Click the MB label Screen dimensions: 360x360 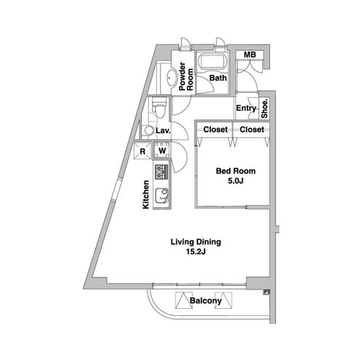coord(250,55)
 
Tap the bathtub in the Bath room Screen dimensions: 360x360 coord(212,61)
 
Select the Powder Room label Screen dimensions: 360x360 coord(186,76)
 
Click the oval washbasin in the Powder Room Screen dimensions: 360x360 coord(172,77)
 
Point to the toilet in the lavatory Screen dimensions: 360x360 coord(159,107)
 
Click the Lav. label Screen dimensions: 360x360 coord(163,131)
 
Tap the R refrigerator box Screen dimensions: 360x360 coord(143,150)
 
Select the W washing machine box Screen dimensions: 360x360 coord(162,150)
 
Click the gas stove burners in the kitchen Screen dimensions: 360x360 coord(161,172)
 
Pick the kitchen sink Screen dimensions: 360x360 coord(161,196)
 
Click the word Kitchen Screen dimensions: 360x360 coord(145,194)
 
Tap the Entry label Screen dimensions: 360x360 coord(246,108)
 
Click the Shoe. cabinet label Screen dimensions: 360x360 coord(264,109)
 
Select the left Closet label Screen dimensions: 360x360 coord(215,130)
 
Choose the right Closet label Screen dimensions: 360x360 coord(252,130)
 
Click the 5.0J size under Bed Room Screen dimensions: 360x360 coord(235,181)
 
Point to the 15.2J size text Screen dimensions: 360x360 coord(196,251)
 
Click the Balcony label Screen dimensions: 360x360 coord(205,300)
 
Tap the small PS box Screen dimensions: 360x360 coord(267,292)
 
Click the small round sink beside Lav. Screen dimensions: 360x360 coord(149,130)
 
